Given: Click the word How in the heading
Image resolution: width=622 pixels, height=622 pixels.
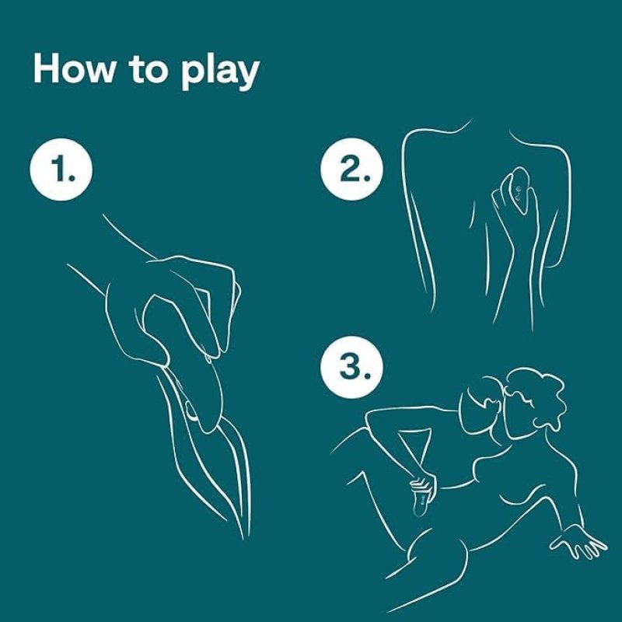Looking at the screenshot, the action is pyautogui.click(x=73, y=68).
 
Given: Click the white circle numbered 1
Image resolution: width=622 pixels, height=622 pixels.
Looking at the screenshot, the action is pyautogui.click(x=61, y=169).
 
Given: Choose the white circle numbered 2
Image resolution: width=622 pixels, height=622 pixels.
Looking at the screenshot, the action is pyautogui.click(x=352, y=169).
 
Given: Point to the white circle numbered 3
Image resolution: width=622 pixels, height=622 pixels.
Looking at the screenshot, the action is pyautogui.click(x=352, y=367).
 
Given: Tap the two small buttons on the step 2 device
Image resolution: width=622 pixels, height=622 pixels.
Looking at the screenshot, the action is pyautogui.click(x=518, y=193).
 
